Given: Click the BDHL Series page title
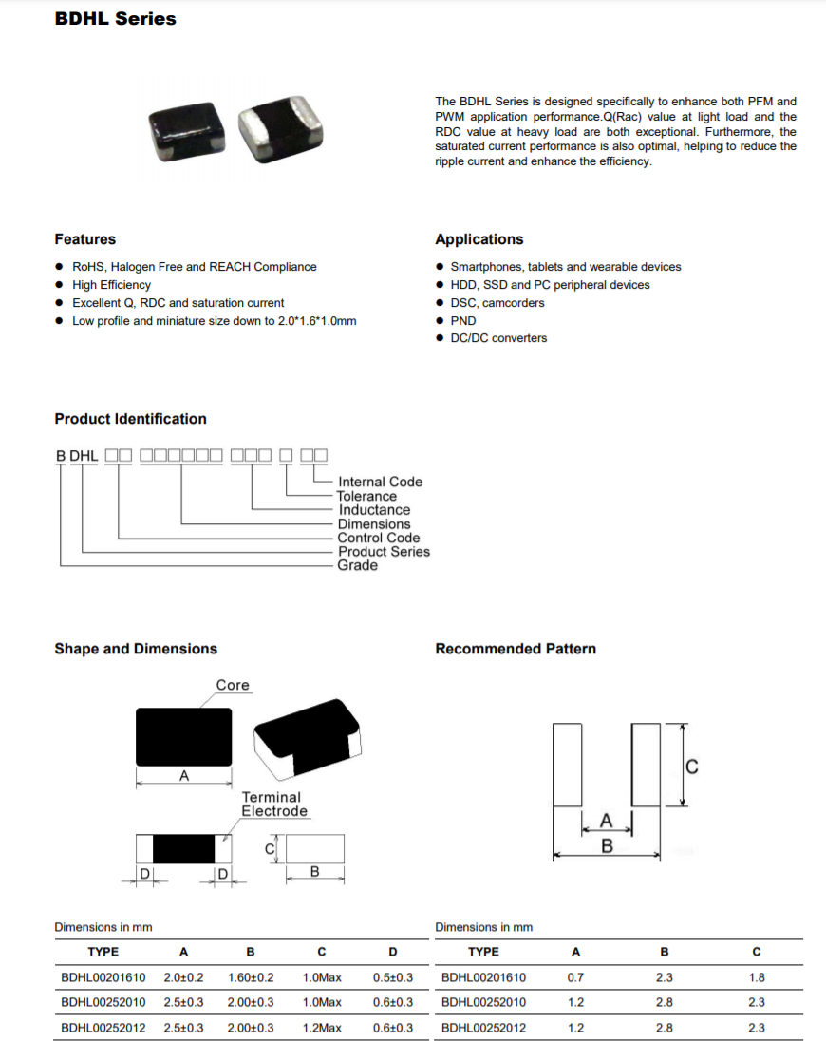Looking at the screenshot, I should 115,19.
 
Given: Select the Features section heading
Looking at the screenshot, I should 84,239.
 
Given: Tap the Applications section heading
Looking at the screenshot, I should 479,239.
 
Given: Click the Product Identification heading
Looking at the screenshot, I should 130,419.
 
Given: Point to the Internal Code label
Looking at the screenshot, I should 380,482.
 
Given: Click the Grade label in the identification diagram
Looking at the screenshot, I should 358,565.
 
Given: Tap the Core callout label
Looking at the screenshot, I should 233,685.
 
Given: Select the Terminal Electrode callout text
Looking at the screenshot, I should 273,804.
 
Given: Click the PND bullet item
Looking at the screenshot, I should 463,320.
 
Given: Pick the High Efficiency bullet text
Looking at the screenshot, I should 111,285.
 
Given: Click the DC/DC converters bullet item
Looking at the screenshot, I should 498,338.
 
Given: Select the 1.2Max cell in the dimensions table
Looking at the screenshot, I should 322,1028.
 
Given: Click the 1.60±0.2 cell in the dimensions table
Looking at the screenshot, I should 251,977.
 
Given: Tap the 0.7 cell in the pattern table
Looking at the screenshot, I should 574,977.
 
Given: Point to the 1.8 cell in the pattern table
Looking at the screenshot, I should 757,977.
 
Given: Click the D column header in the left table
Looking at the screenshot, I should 393,952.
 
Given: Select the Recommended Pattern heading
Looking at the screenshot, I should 516,649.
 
